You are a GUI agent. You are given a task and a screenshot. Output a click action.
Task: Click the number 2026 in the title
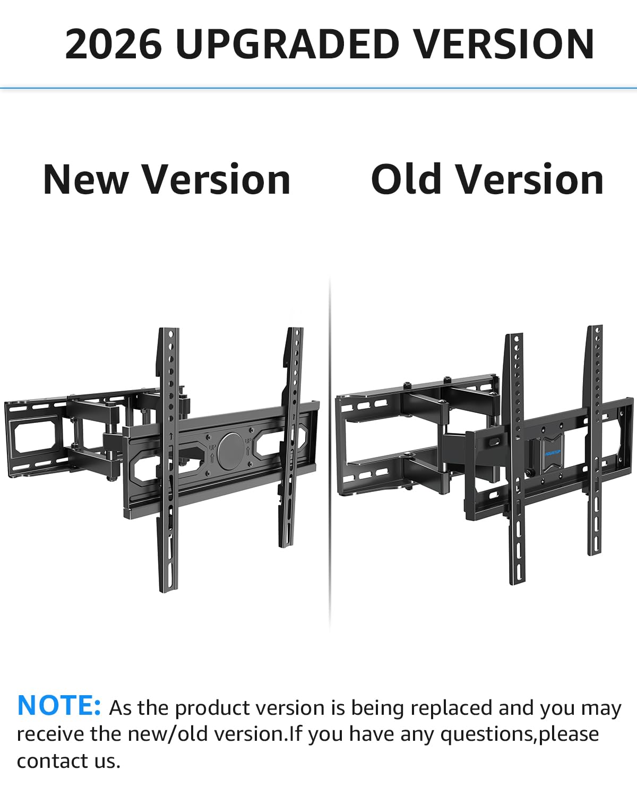coord(113,44)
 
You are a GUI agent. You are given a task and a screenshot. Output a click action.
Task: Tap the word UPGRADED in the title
coord(287,44)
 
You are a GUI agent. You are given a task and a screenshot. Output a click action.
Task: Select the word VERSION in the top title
coord(503,44)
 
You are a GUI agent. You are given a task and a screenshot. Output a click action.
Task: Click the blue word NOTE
coord(59,706)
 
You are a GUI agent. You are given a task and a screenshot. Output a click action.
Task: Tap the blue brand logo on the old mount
coord(553,452)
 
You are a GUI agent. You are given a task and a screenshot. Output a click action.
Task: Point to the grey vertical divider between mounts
coord(330,455)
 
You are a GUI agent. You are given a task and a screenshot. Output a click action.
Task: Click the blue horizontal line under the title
coord(318,88)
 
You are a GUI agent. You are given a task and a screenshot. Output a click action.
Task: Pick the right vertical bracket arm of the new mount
coord(291,436)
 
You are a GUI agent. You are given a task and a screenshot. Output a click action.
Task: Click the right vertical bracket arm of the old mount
coord(595,440)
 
